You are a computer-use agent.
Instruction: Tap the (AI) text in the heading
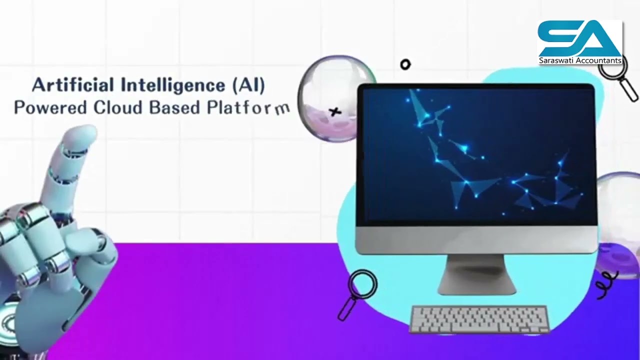tap(248, 85)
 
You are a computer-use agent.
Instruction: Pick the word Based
tap(175, 107)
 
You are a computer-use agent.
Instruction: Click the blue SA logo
tap(579, 39)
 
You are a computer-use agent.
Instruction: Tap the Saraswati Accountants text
tap(580, 60)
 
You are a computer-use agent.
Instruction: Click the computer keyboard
tap(479, 319)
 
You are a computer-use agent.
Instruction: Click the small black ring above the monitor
tap(405, 64)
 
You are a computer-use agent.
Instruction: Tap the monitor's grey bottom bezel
tap(476, 239)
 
